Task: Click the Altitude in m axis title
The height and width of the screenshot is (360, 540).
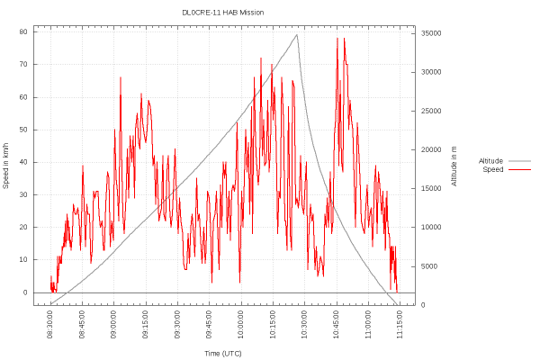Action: coord(454,166)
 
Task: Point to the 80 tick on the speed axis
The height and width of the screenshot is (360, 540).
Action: coord(24,31)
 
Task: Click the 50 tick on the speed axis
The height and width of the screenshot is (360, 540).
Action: coord(24,130)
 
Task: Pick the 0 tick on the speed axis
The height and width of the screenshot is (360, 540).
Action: coord(26,292)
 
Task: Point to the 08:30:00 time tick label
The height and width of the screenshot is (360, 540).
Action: coord(50,321)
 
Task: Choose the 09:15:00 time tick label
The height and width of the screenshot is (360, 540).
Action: coord(146,321)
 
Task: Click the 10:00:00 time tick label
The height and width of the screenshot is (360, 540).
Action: coord(241,321)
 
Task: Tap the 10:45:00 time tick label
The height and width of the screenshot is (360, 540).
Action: coord(337,321)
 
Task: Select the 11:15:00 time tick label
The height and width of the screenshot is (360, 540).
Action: coord(400,321)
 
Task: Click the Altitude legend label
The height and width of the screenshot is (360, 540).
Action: coord(490,161)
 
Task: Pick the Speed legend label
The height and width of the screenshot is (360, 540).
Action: coord(493,169)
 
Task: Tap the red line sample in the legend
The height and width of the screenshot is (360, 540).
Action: coord(519,169)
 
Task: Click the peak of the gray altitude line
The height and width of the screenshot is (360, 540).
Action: coord(297,35)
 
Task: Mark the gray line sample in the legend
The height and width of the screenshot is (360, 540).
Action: coord(519,161)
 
